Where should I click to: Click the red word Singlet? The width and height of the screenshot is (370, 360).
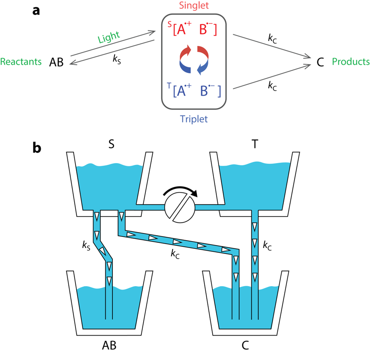pyautogui.click(x=194, y=6)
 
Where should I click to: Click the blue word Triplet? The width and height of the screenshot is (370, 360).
pyautogui.click(x=194, y=119)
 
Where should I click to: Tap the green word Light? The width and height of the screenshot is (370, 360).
pyautogui.click(x=109, y=37)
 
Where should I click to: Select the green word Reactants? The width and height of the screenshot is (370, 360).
pyautogui.click(x=21, y=62)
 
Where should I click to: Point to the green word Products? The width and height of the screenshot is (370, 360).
pyautogui.click(x=351, y=62)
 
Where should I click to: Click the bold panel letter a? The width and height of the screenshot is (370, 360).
pyautogui.click(x=36, y=11)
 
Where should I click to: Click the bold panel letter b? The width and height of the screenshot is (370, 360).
pyautogui.click(x=37, y=148)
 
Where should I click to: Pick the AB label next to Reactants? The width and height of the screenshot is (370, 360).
pyautogui.click(x=57, y=62)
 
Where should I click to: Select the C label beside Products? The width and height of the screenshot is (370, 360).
pyautogui.click(x=320, y=62)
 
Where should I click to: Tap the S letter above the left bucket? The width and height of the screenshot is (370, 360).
pyautogui.click(x=111, y=144)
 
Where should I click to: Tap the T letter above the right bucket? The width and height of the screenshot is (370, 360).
pyautogui.click(x=255, y=144)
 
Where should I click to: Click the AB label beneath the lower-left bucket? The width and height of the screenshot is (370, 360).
pyautogui.click(x=109, y=345)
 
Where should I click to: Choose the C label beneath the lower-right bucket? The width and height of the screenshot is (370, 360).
pyautogui.click(x=245, y=345)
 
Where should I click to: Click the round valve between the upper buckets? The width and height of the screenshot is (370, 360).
pyautogui.click(x=180, y=207)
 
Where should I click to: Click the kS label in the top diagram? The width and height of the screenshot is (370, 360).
pyautogui.click(x=117, y=59)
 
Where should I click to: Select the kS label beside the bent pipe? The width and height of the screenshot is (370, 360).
pyautogui.click(x=86, y=246)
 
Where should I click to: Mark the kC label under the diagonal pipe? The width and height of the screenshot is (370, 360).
pyautogui.click(x=175, y=254)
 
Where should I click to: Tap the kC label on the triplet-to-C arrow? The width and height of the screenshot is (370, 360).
pyautogui.click(x=272, y=86)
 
